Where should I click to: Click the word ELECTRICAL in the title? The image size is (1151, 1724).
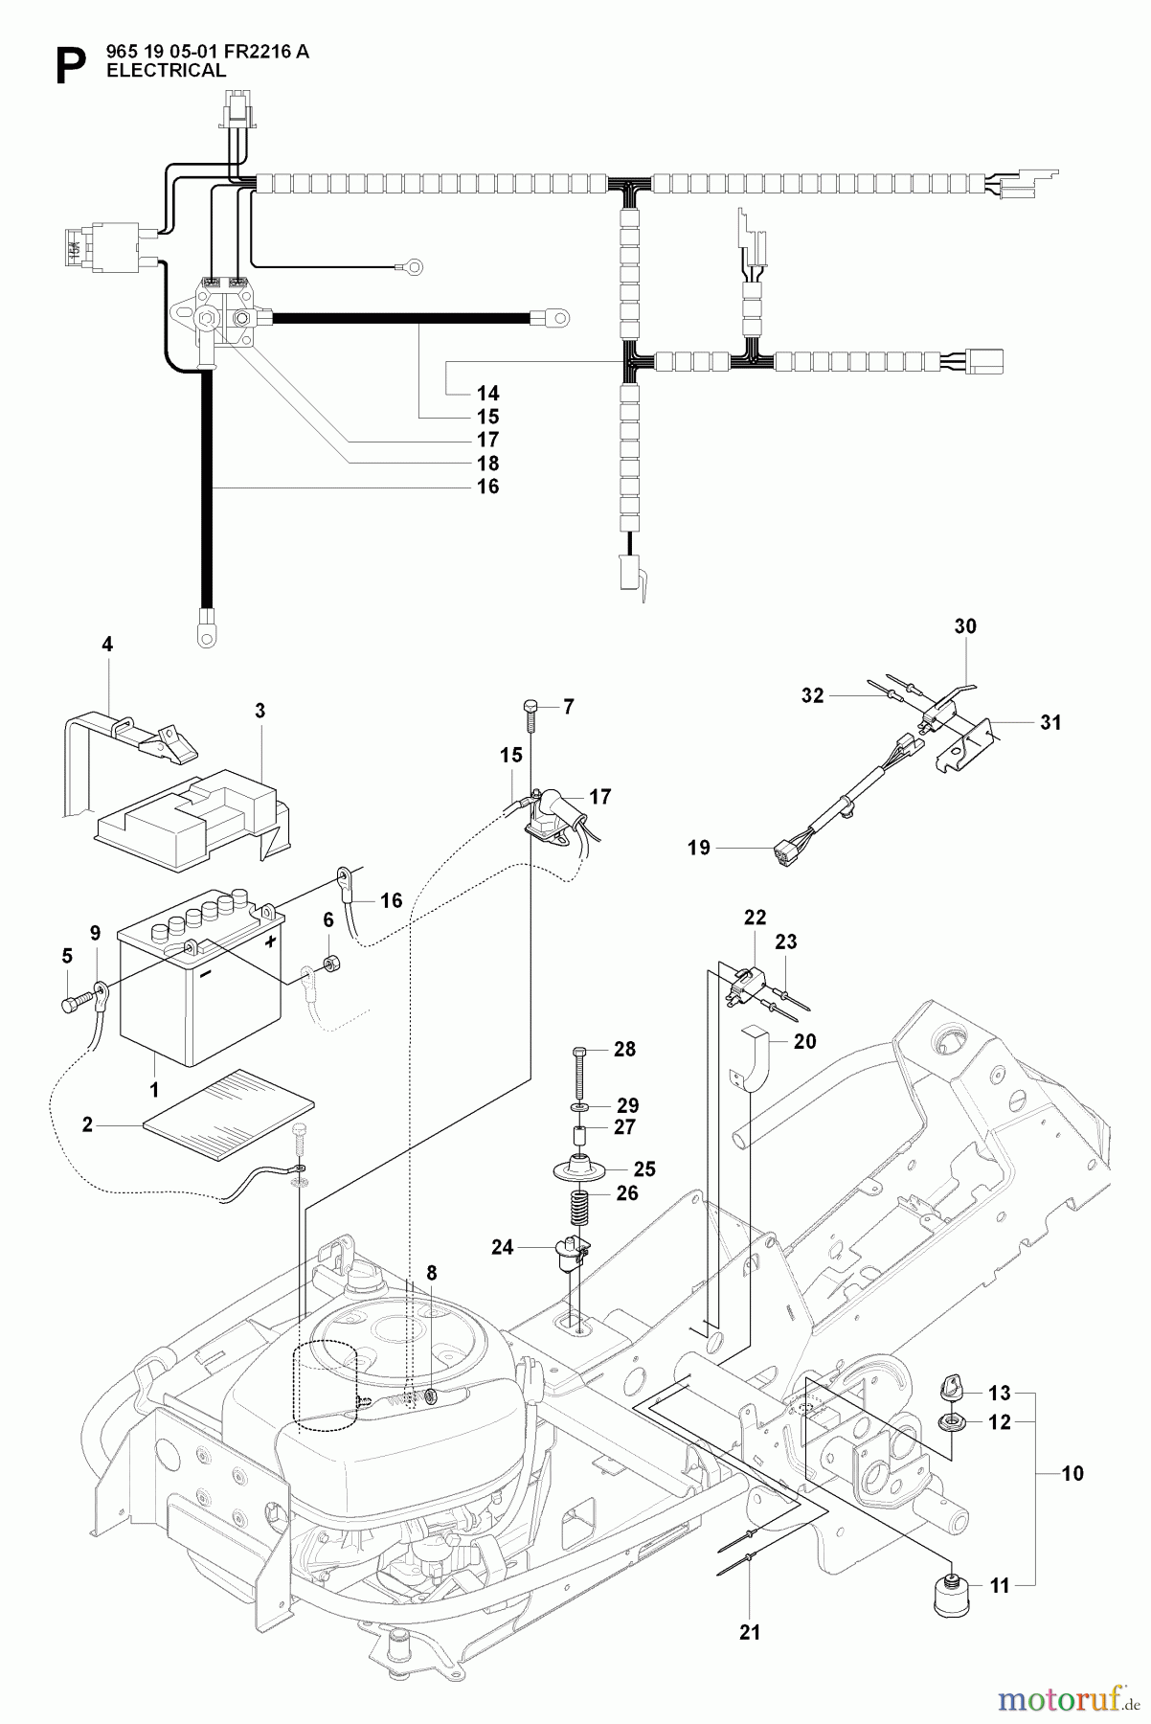166,71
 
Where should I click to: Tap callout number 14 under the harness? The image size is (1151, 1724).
487,393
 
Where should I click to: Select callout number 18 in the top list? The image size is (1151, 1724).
487,464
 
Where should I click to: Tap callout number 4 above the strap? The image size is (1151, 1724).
107,646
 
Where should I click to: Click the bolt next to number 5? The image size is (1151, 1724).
72,1006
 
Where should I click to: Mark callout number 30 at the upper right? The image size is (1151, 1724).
965,626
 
